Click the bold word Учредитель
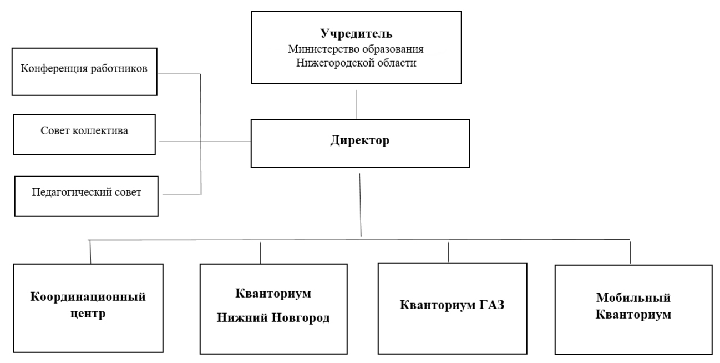(x=356, y=34)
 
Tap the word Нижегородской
(x=335, y=63)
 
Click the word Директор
(x=360, y=140)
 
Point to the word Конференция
(x=54, y=69)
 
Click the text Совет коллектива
(x=84, y=130)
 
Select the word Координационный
(x=88, y=297)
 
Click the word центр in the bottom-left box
(x=88, y=314)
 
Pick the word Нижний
(x=242, y=317)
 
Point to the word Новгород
(x=301, y=318)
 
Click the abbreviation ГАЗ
(x=492, y=305)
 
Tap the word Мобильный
(x=633, y=298)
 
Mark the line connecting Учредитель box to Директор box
(x=357, y=104)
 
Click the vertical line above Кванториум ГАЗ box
(x=448, y=252)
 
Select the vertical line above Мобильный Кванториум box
(x=630, y=253)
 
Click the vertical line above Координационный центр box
(x=90, y=252)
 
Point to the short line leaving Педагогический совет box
(x=181, y=195)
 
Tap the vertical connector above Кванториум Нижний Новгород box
(x=260, y=253)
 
